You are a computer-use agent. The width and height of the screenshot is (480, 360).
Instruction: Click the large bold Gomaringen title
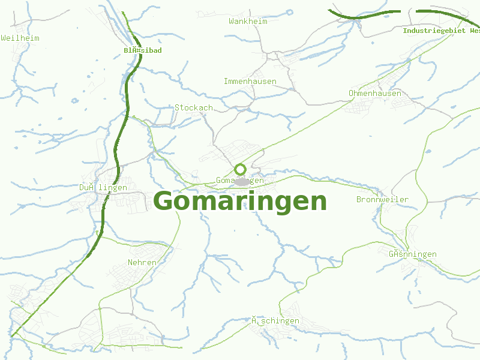click(241, 202)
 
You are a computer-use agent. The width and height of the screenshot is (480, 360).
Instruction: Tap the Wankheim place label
click(248, 21)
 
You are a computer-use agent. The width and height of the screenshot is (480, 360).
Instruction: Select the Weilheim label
click(20, 38)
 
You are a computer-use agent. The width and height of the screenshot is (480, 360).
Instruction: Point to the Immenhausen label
click(250, 81)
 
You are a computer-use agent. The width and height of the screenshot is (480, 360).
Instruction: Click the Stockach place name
click(194, 107)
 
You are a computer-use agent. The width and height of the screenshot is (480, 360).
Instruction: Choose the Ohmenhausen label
click(375, 93)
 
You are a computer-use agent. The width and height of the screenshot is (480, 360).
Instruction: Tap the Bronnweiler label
click(383, 199)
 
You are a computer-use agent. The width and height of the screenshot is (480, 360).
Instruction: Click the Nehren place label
click(142, 262)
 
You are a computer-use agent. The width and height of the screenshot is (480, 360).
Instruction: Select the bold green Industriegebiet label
click(441, 31)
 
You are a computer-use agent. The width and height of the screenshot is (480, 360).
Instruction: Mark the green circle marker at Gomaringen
click(241, 169)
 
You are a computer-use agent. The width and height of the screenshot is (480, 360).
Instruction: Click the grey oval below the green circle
click(242, 181)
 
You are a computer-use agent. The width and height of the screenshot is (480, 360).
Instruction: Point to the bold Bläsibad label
click(143, 50)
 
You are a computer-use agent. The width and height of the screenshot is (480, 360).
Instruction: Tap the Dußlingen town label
click(103, 187)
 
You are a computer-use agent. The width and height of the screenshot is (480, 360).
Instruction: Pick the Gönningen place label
click(413, 254)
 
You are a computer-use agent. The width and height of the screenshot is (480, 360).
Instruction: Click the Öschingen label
click(275, 320)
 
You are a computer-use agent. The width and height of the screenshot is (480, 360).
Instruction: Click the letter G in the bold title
click(165, 202)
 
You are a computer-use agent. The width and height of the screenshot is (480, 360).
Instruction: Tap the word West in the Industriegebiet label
click(474, 31)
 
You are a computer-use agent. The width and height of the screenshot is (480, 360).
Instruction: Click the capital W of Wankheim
click(231, 21)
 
